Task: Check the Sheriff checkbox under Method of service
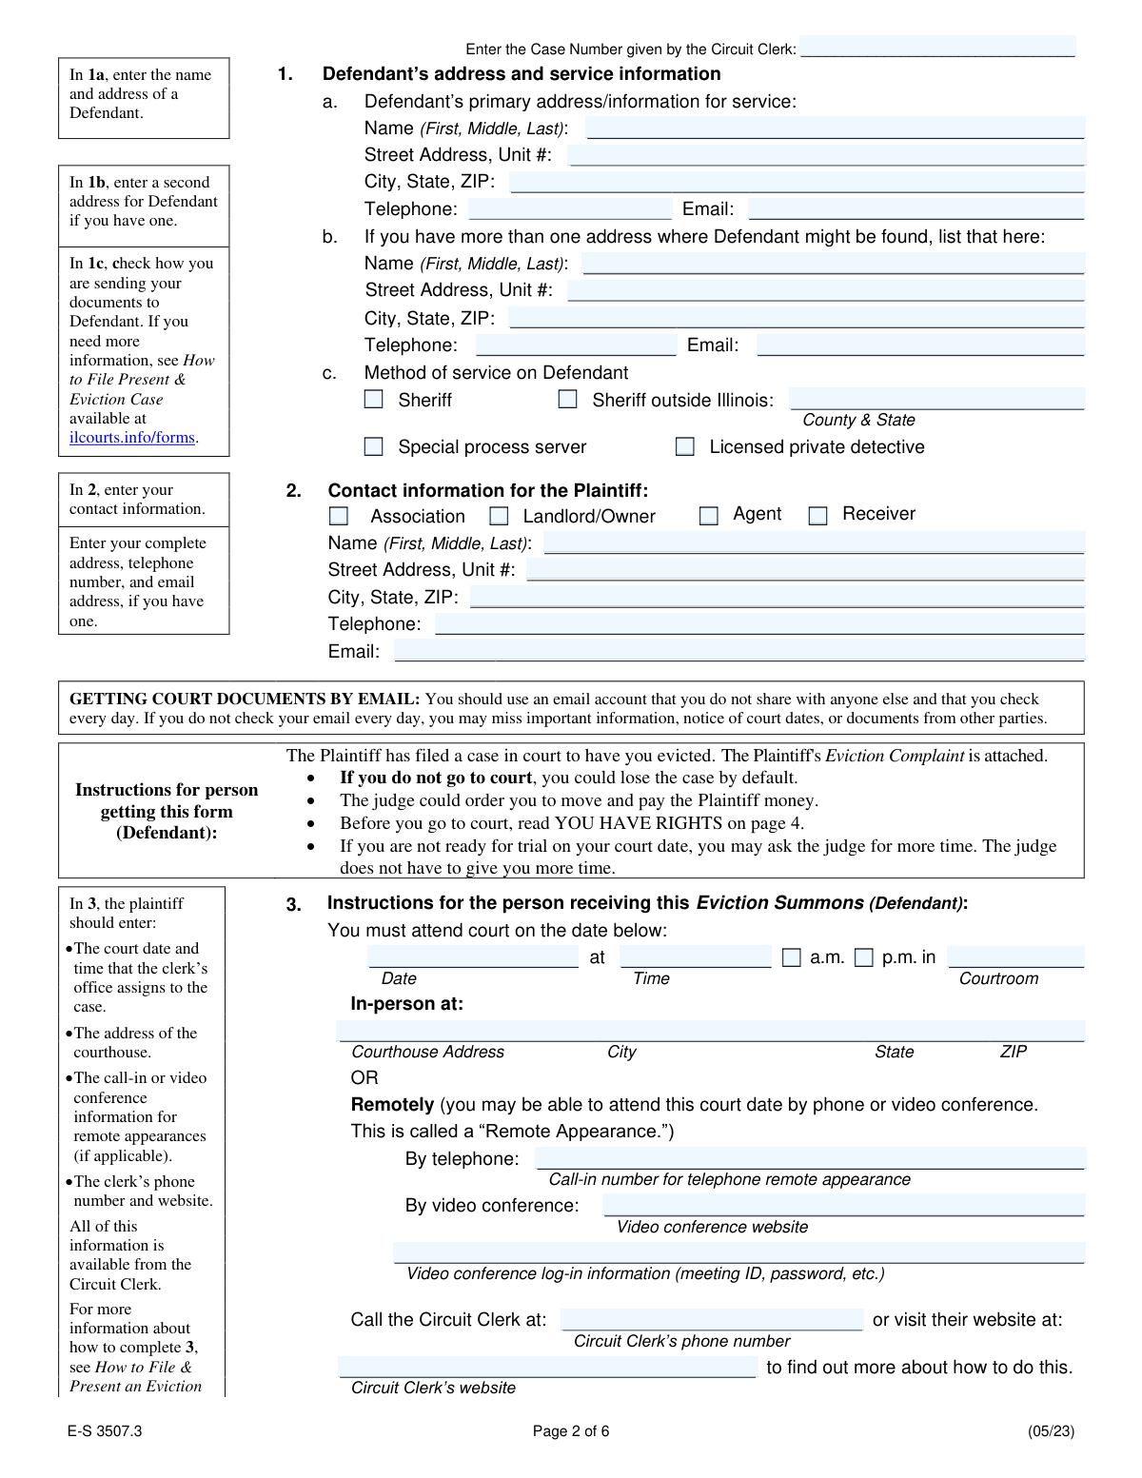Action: [x=374, y=400]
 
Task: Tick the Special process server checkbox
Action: [x=374, y=446]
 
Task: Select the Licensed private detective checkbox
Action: [x=684, y=446]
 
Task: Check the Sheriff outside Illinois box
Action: [x=567, y=400]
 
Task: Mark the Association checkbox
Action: [x=338, y=516]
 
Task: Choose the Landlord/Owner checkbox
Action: [x=499, y=516]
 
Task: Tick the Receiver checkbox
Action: [x=817, y=516]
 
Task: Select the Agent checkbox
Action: [x=708, y=516]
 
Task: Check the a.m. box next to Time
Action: [x=791, y=957]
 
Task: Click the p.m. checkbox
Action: [x=863, y=957]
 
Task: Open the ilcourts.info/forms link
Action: [x=132, y=438]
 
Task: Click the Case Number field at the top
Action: [x=937, y=47]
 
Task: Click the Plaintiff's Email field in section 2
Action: [x=738, y=651]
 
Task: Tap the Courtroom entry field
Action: [x=1015, y=956]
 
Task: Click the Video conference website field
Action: [x=842, y=1205]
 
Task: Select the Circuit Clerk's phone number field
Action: [x=711, y=1319]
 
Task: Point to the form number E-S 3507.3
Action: [x=105, y=1431]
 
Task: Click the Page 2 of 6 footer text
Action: [x=571, y=1431]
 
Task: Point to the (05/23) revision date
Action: [x=1051, y=1431]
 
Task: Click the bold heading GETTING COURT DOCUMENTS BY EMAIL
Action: [x=245, y=700]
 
